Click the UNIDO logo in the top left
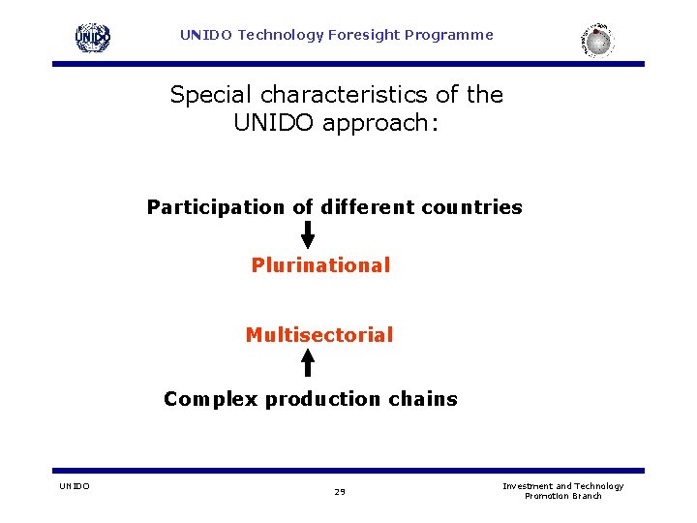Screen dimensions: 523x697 click(93, 38)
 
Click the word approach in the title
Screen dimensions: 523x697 click(381, 123)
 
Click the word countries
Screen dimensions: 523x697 click(471, 207)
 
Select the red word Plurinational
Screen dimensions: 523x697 click(320, 265)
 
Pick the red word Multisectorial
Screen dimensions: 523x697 click(319, 335)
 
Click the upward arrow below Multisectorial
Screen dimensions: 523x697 click(308, 362)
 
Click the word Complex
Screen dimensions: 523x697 click(211, 399)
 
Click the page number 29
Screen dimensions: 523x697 click(340, 492)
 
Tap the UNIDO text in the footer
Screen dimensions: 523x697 click(74, 486)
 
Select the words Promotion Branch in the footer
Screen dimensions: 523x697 click(562, 496)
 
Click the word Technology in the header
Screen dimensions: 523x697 click(281, 35)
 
